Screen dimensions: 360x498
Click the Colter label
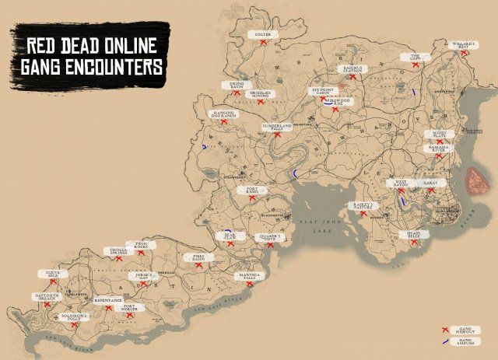[x=263, y=34]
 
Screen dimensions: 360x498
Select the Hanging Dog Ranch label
[x=224, y=114]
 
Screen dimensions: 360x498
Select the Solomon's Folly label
[x=75, y=318]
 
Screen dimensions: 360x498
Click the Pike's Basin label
[x=194, y=257]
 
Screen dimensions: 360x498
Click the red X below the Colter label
[x=264, y=46]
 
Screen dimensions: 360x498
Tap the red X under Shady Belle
[x=414, y=243]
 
